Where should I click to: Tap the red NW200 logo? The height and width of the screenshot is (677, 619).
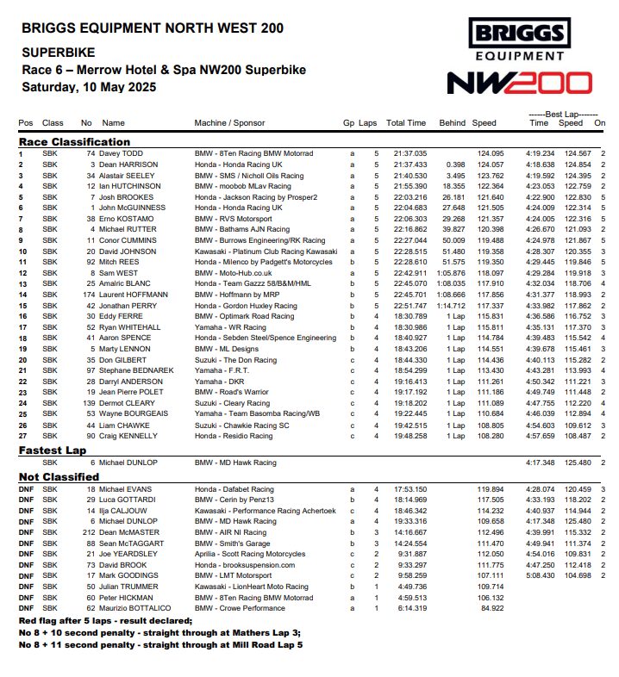tap(519, 83)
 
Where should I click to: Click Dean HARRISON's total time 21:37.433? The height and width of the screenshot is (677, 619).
tap(410, 164)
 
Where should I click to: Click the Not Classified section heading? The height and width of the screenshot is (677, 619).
tap(58, 476)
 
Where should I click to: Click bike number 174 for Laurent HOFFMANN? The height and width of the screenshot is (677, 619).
tap(87, 294)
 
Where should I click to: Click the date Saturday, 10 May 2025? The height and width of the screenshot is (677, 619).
tap(89, 87)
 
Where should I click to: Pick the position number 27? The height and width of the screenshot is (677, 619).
tap(22, 435)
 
